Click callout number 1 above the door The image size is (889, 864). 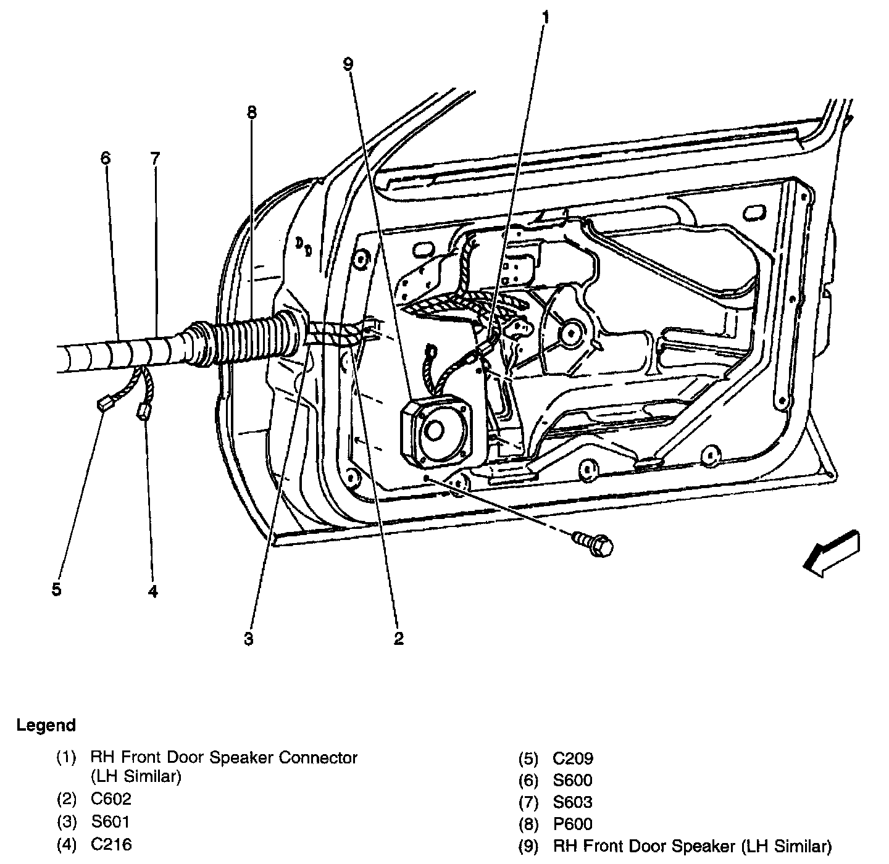pos(545,17)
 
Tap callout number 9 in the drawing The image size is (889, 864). pos(348,63)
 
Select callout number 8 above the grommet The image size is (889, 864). pos(251,112)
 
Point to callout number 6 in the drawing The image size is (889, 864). pos(106,158)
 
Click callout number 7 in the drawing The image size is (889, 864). pos(154,158)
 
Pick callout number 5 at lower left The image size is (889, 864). pos(56,589)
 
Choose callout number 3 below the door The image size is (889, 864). pos(248,639)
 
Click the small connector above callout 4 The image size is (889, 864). pos(144,411)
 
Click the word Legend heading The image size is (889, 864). pos(46,725)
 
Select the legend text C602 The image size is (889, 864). pos(111,799)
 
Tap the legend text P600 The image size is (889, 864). pos(572,824)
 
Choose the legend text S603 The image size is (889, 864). pos(572,802)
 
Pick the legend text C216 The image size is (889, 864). pos(111,844)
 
